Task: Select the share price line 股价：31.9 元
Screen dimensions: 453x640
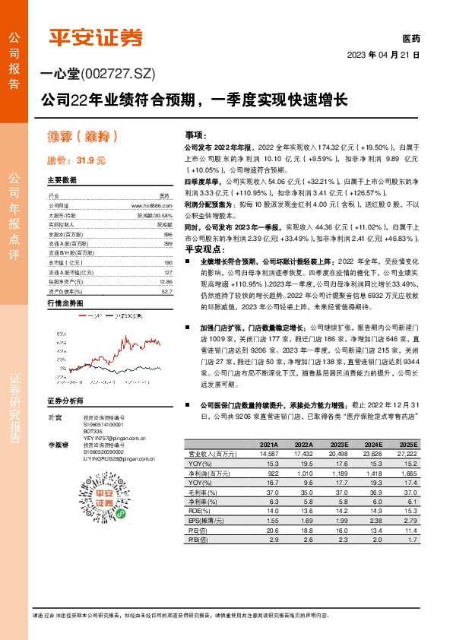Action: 76,160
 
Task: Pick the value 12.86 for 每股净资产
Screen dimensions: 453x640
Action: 166,282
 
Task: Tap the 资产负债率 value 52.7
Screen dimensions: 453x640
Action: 167,290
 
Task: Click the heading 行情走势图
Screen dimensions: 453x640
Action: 64,303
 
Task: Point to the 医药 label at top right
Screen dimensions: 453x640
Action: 410,38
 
